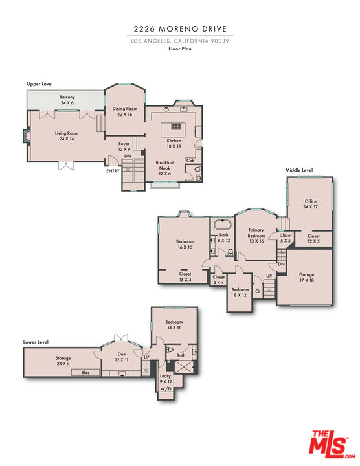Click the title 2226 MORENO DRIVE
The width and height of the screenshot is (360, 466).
[180, 29]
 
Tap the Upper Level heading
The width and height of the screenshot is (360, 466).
[39, 84]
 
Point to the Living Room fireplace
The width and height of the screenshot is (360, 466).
[26, 137]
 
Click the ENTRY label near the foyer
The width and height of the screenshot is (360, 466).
[113, 170]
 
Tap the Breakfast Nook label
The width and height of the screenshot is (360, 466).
[164, 169]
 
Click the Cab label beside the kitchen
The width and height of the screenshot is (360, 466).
[190, 160]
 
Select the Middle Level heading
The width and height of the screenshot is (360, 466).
[299, 170]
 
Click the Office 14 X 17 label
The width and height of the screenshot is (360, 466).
[311, 205]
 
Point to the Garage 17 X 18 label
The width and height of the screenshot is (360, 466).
[307, 278]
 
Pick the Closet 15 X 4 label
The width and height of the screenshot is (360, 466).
[185, 276]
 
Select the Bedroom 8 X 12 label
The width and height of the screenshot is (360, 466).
[240, 292]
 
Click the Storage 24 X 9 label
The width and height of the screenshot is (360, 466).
[63, 361]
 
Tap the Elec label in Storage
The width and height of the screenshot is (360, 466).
[85, 373]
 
